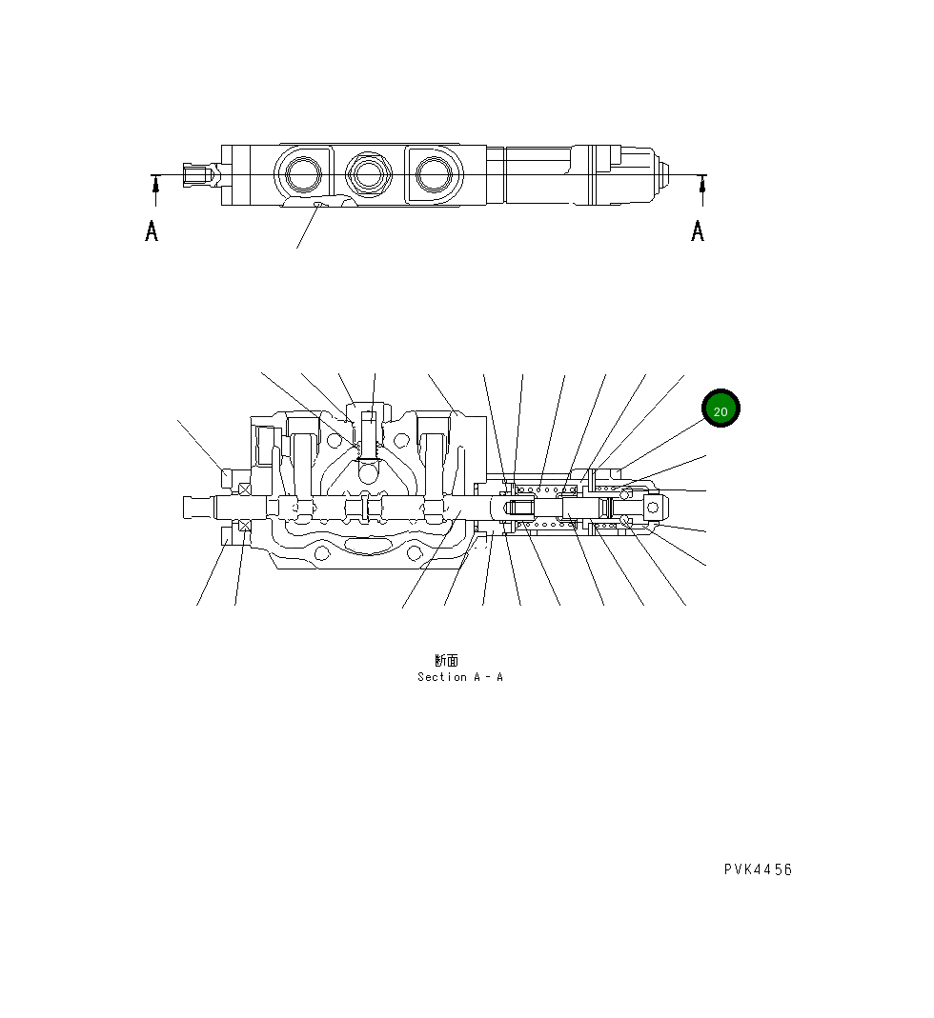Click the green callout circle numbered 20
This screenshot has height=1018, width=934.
[721, 409]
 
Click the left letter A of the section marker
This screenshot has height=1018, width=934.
[152, 230]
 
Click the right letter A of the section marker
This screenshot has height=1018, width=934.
[698, 230]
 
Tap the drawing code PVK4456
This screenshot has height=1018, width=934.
[758, 868]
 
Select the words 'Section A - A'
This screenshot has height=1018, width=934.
[459, 677]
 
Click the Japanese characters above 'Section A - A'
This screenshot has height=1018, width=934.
[446, 660]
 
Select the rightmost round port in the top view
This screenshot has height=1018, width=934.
[435, 173]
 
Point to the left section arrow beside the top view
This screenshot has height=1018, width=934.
[155, 190]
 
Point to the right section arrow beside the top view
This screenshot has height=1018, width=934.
[702, 190]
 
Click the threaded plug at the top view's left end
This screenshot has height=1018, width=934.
[197, 175]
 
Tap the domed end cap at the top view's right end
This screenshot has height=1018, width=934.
[660, 175]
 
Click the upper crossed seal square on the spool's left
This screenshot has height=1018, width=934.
[245, 489]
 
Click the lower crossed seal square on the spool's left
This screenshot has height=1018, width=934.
[245, 525]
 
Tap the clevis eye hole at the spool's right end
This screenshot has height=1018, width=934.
[654, 507]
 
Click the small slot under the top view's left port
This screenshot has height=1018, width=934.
[317, 203]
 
